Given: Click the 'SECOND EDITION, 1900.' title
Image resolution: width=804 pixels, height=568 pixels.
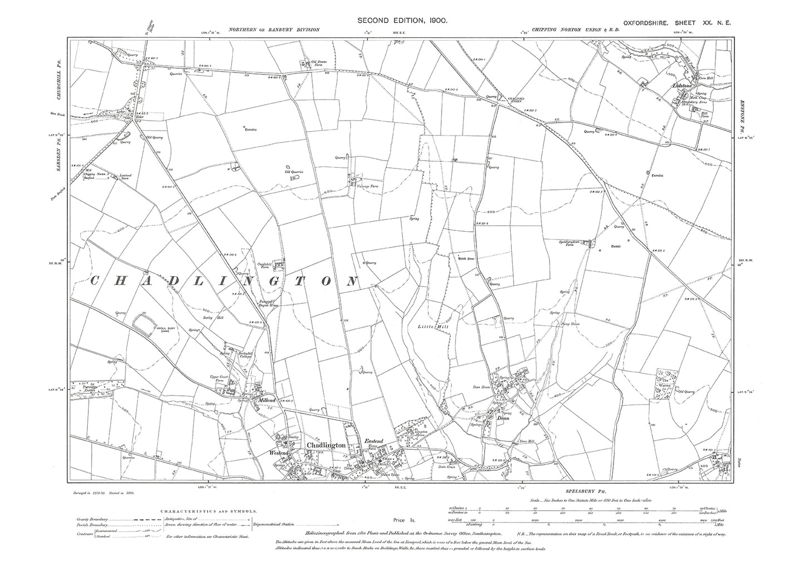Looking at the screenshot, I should pos(402,20).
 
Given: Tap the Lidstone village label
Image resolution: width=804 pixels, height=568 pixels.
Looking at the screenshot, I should pos(683,87).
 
